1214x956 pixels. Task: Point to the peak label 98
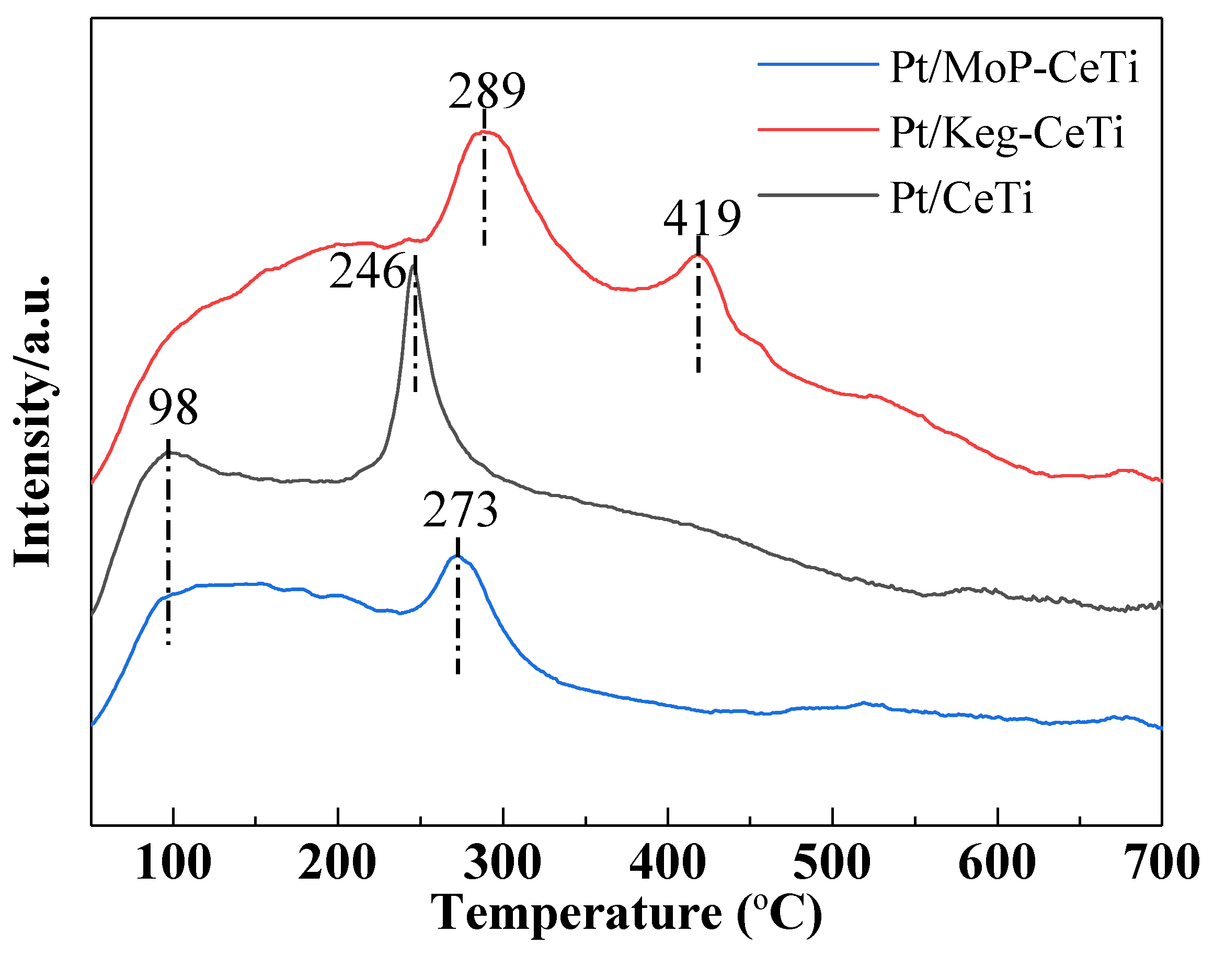pyautogui.click(x=173, y=408)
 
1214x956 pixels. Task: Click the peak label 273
pyautogui.click(x=460, y=510)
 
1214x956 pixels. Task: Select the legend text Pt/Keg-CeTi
pyautogui.click(x=1006, y=133)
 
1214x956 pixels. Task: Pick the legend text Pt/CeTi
pyautogui.click(x=961, y=198)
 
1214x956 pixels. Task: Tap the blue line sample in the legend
pyautogui.click(x=818, y=64)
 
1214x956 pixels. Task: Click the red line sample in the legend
pyautogui.click(x=818, y=129)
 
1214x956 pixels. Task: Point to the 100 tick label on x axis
pyautogui.click(x=174, y=862)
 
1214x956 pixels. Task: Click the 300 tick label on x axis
pyautogui.click(x=502, y=862)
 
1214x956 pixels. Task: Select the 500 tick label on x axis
pyautogui.click(x=832, y=862)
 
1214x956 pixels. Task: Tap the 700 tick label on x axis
pyautogui.click(x=1162, y=862)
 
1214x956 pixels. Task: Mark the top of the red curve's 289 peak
pyautogui.click(x=484, y=132)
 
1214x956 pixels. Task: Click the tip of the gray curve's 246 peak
pyautogui.click(x=413, y=266)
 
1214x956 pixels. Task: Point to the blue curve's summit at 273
pyautogui.click(x=456, y=556)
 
